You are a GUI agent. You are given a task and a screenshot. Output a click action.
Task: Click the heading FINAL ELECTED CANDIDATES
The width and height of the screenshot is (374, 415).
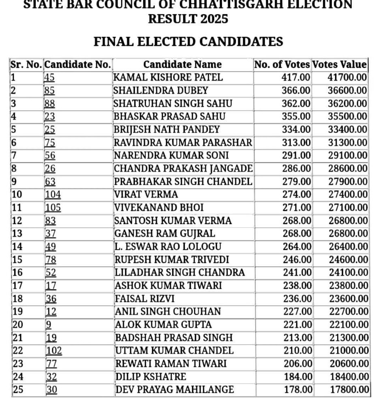[188, 41]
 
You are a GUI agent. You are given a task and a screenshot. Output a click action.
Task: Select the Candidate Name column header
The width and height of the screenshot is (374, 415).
[182, 64]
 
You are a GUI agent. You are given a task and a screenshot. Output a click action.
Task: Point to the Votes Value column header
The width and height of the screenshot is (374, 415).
[340, 64]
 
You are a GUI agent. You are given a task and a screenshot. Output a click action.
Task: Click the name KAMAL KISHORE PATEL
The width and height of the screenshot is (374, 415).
[168, 77]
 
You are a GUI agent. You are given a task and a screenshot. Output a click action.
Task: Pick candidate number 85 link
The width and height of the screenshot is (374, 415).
[49, 90]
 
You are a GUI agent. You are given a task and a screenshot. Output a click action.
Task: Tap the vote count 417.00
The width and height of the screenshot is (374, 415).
[296, 77]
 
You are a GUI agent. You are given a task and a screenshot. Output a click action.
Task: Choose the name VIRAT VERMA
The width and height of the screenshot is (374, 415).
[146, 195]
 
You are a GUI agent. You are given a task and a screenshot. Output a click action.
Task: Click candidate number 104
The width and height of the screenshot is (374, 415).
[53, 195]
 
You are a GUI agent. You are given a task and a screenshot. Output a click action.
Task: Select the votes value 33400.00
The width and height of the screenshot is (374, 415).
[347, 129]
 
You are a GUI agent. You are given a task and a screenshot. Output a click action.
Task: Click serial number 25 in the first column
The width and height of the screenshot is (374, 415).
[18, 390]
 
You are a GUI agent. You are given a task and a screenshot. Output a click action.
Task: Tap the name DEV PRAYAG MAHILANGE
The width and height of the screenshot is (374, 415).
[175, 390]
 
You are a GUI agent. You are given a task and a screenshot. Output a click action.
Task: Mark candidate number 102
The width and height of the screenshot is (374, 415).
[54, 351]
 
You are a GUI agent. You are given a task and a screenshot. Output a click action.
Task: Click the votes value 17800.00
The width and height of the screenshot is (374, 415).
[348, 390]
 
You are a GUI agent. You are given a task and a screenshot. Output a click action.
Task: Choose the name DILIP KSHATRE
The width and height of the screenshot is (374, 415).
[151, 376]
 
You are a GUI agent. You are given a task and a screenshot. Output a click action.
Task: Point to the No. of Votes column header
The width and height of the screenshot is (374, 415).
[282, 64]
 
